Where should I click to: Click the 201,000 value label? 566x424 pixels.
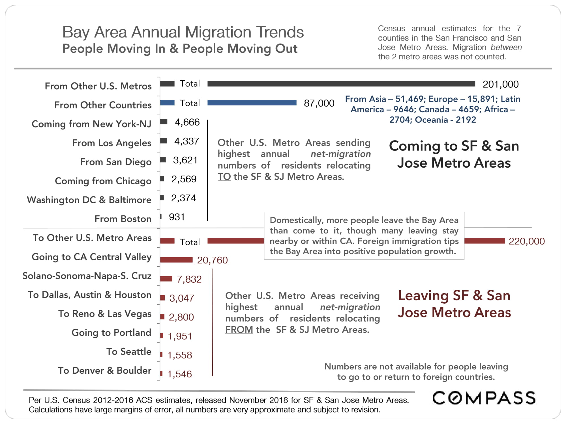tap(500, 84)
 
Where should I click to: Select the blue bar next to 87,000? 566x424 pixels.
tap(252, 103)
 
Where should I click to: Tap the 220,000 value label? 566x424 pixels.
tap(526, 241)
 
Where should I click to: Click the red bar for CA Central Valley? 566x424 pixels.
tap(176, 260)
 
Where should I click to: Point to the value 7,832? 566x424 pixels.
tap(189, 279)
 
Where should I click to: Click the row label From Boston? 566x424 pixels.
tap(123, 219)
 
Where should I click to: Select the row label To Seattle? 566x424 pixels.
tap(129, 351)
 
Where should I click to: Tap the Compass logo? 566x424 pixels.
tap(484, 398)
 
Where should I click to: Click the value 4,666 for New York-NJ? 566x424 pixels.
tap(187, 122)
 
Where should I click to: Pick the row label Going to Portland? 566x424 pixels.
tap(111, 332)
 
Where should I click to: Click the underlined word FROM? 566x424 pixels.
tap(239, 330)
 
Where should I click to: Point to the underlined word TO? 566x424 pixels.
tap(224, 177)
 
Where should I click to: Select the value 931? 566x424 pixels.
tap(177, 217)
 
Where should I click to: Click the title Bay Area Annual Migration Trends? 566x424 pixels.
tap(183, 32)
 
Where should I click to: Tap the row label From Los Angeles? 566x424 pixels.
tap(112, 143)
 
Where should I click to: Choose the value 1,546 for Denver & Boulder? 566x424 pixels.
tap(179, 374)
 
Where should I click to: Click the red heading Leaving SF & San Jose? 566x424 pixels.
tap(454, 304)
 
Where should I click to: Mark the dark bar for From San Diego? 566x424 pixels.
tap(163, 160)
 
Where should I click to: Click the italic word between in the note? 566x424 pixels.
tap(506, 47)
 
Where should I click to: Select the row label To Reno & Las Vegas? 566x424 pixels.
tap(105, 313)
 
